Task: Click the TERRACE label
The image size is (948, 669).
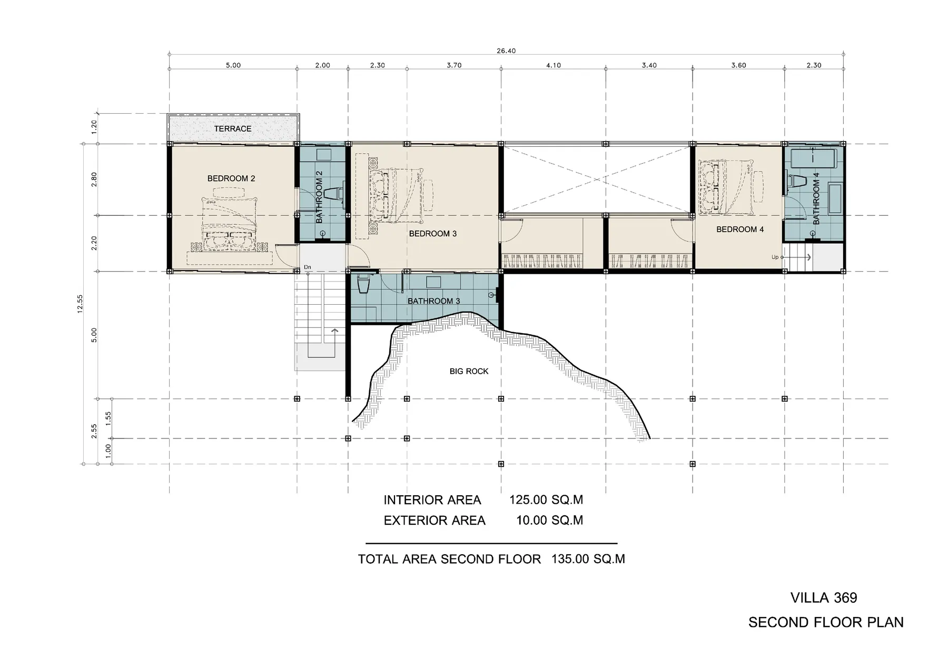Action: tap(232, 128)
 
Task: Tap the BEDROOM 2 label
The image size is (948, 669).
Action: tap(231, 178)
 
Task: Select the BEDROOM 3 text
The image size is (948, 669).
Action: tap(432, 233)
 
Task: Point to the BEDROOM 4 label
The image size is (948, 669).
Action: tap(739, 229)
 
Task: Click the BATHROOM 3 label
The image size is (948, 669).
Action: tap(433, 301)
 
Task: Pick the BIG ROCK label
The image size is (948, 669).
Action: tap(469, 371)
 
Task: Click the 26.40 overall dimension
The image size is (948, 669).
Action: tap(506, 51)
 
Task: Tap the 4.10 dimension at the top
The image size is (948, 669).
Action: tap(553, 65)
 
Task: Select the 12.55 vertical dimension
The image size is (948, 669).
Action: tap(80, 304)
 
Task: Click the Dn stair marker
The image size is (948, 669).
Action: tap(307, 267)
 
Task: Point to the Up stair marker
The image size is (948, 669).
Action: tap(775, 257)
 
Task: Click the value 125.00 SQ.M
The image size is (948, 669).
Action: tap(546, 500)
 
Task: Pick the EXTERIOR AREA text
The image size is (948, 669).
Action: tap(434, 521)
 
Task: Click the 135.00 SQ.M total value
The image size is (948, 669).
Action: tap(588, 558)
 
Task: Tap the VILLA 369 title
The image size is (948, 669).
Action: tap(823, 597)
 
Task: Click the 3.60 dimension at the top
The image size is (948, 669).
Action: tap(738, 65)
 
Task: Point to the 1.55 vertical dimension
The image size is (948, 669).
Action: tap(108, 418)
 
